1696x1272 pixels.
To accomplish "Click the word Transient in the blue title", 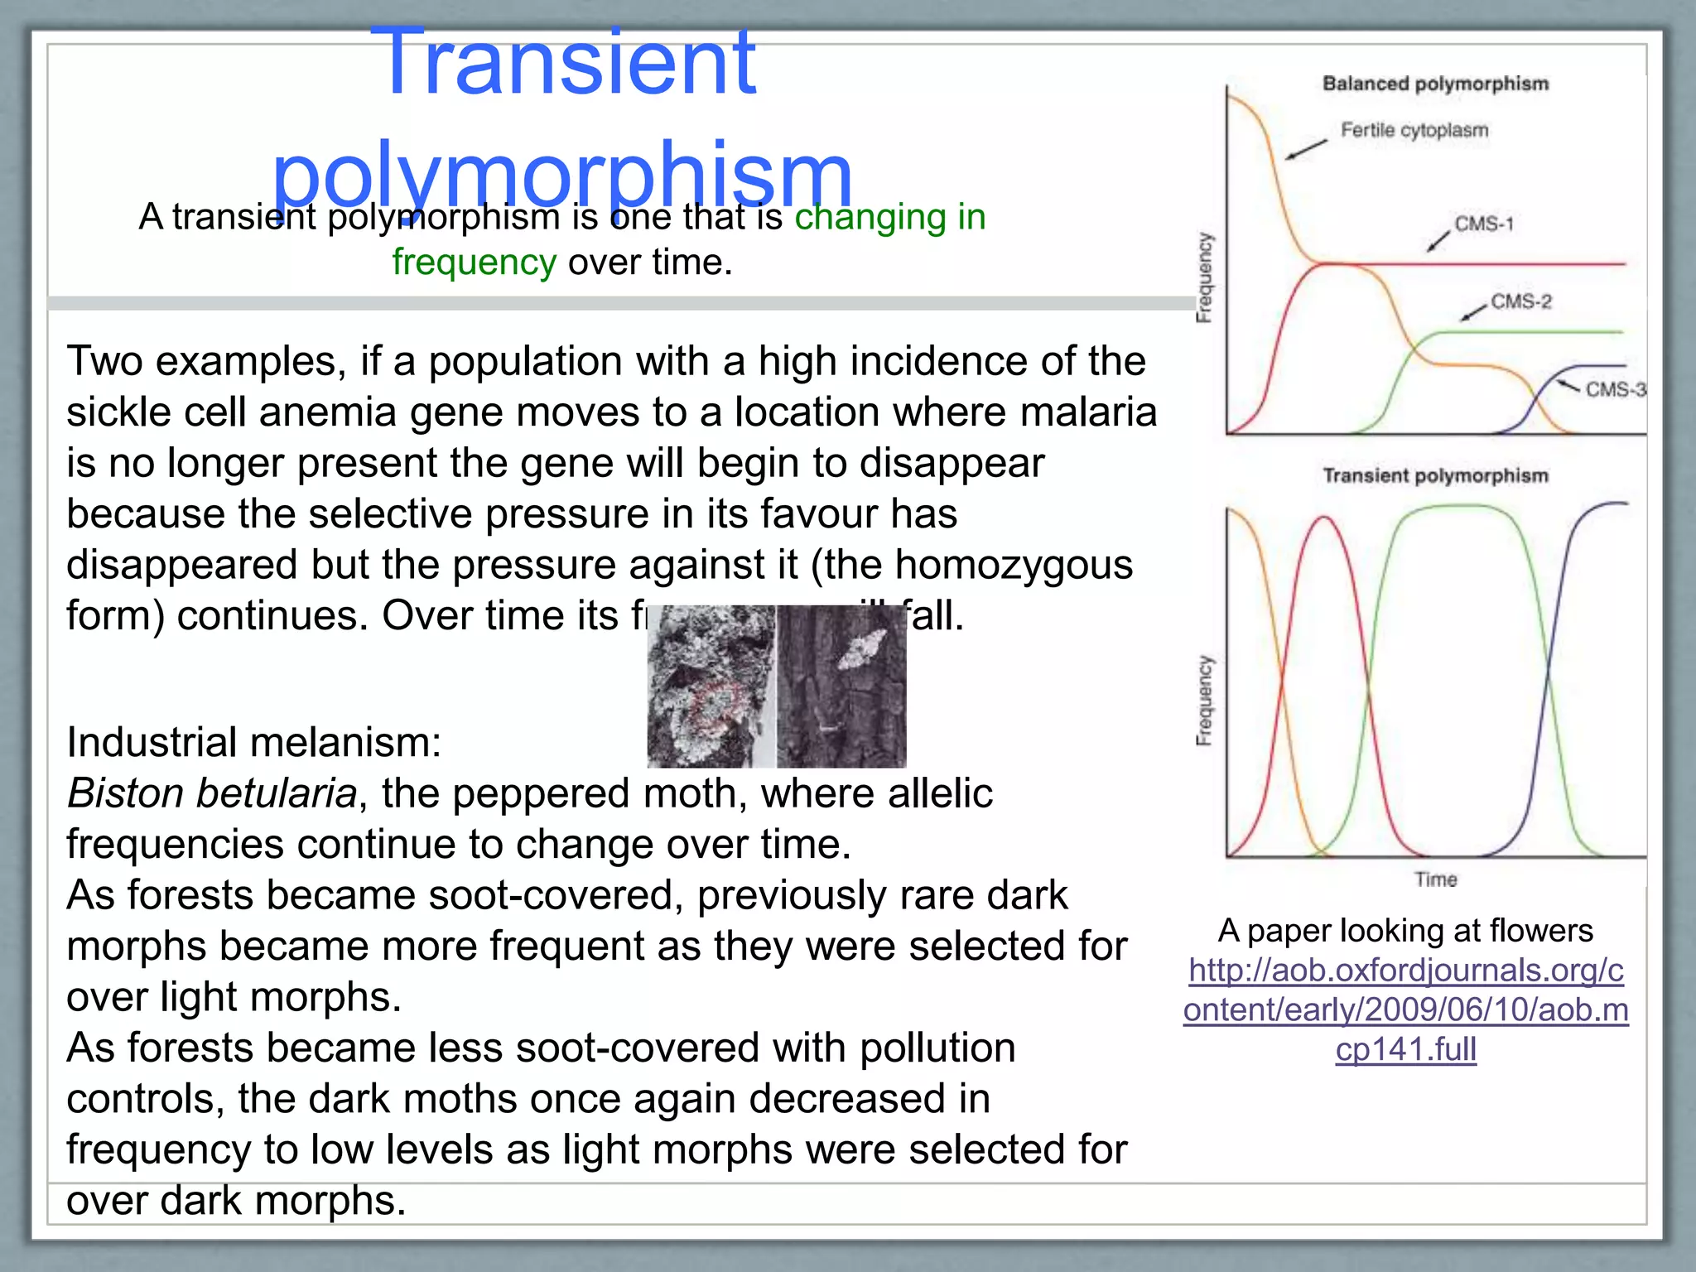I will point(563,62).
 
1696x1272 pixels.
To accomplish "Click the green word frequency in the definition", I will point(474,263).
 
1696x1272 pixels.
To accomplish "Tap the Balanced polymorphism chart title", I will point(1435,84).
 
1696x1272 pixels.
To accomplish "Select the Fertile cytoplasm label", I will point(1414,130).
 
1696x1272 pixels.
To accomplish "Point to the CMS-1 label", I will point(1484,224).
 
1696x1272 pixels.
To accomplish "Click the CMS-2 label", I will point(1521,301).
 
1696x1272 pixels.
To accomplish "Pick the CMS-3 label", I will point(1615,389).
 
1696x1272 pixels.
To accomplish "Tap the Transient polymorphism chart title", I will point(1435,475).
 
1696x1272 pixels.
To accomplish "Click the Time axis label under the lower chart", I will point(1435,879).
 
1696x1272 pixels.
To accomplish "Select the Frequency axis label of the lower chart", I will point(1205,701).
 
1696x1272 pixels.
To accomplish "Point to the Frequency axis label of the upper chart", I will point(1205,277).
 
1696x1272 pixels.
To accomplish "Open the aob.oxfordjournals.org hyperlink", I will point(1405,1009).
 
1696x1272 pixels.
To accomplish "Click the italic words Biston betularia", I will point(212,793).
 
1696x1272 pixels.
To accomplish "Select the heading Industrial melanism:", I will point(253,742).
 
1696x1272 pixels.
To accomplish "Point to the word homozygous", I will point(1014,566).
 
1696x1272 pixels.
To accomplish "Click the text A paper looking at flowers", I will point(1405,931).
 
